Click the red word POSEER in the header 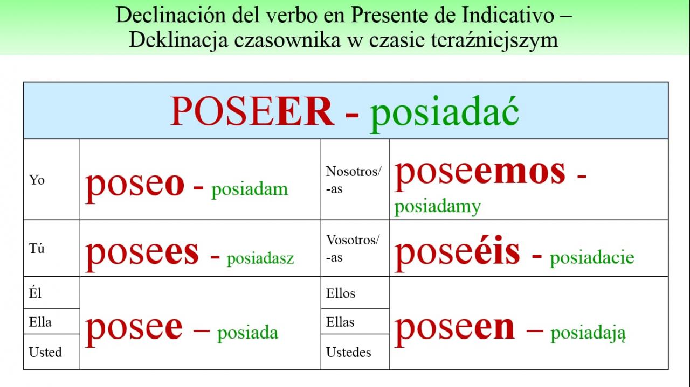pyautogui.click(x=252, y=111)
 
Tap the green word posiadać pyautogui.click(x=445, y=114)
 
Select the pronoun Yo pyautogui.click(x=37, y=180)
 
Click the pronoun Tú pyautogui.click(x=37, y=248)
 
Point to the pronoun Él pyautogui.click(x=35, y=293)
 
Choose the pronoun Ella pyautogui.click(x=40, y=322)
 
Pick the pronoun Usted pyautogui.click(x=45, y=352)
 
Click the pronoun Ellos pyautogui.click(x=341, y=293)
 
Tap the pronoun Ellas pyautogui.click(x=340, y=322)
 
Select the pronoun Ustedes pyautogui.click(x=349, y=352)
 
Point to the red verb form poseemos pyautogui.click(x=480, y=174)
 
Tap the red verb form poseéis pyautogui.click(x=457, y=254)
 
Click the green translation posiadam pyautogui.click(x=250, y=189)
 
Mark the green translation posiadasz pyautogui.click(x=260, y=258)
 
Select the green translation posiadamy pyautogui.click(x=437, y=207)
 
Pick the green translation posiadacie pyautogui.click(x=592, y=257)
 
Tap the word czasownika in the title pyautogui.click(x=287, y=40)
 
